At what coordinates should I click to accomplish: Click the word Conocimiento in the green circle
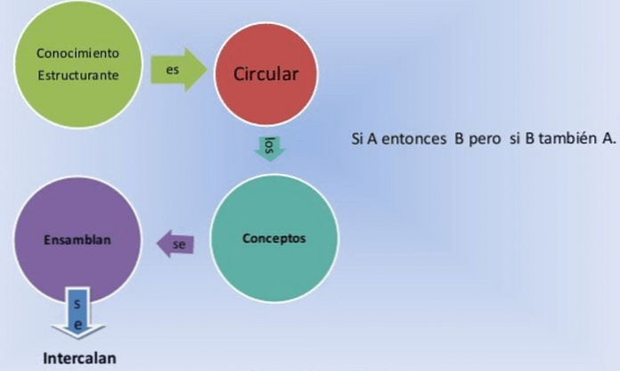click(x=77, y=53)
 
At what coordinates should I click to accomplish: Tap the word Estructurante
click(x=78, y=75)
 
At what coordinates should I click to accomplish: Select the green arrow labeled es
click(x=179, y=70)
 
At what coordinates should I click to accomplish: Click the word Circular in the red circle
click(x=265, y=74)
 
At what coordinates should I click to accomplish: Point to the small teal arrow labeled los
click(x=269, y=149)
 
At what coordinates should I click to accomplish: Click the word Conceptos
click(x=274, y=238)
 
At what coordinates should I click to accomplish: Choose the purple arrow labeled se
click(x=175, y=243)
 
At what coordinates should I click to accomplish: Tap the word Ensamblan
click(x=77, y=240)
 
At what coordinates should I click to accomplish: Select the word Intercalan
click(x=79, y=359)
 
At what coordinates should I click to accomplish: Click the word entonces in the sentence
click(x=414, y=138)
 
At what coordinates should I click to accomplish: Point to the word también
click(x=567, y=138)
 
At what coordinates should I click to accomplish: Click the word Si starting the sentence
click(x=357, y=138)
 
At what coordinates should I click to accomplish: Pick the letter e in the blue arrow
click(x=78, y=325)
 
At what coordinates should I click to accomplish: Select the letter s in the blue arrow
click(x=77, y=304)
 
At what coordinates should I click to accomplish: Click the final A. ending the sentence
click(x=609, y=138)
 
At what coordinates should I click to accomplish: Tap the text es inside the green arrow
click(x=173, y=70)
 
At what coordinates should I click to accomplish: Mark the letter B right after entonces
click(x=459, y=138)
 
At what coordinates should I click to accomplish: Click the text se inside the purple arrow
click(x=179, y=244)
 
